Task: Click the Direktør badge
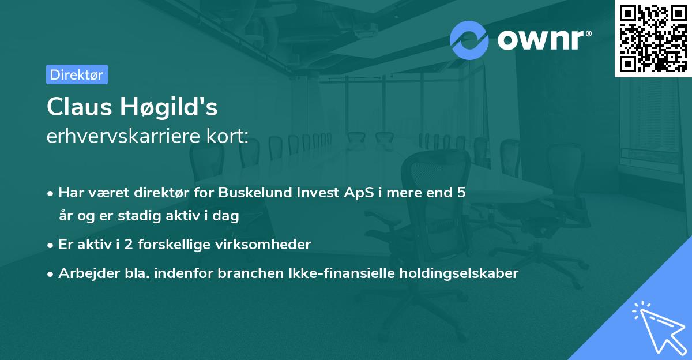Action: [77, 74]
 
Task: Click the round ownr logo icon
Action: [469, 40]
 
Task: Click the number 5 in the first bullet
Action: [461, 193]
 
